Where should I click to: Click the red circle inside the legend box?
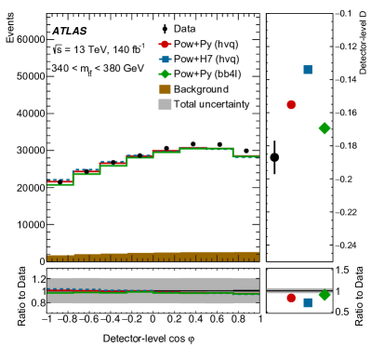pos(165,45)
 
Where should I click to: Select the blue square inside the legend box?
pos(166,60)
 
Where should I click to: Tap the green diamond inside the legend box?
pos(165,74)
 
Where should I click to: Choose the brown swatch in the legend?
pos(165,89)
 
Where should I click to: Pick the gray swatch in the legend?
pos(165,104)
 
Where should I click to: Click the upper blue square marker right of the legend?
pos(308,70)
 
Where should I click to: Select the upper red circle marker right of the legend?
pos(291,105)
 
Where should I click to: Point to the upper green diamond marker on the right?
pos(325,128)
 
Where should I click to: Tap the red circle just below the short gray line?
pos(291,298)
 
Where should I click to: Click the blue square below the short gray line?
pos(308,302)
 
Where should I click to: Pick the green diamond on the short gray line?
pos(325,294)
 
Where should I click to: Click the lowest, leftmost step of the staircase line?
pos(60,183)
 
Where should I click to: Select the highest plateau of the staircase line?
pos(205,148)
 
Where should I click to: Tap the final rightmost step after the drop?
pos(246,156)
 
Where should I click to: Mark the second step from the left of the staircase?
pos(86,173)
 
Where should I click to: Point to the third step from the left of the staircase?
pos(113,165)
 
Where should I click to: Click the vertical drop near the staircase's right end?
pos(232,153)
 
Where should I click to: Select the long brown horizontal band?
pos(153,256)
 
